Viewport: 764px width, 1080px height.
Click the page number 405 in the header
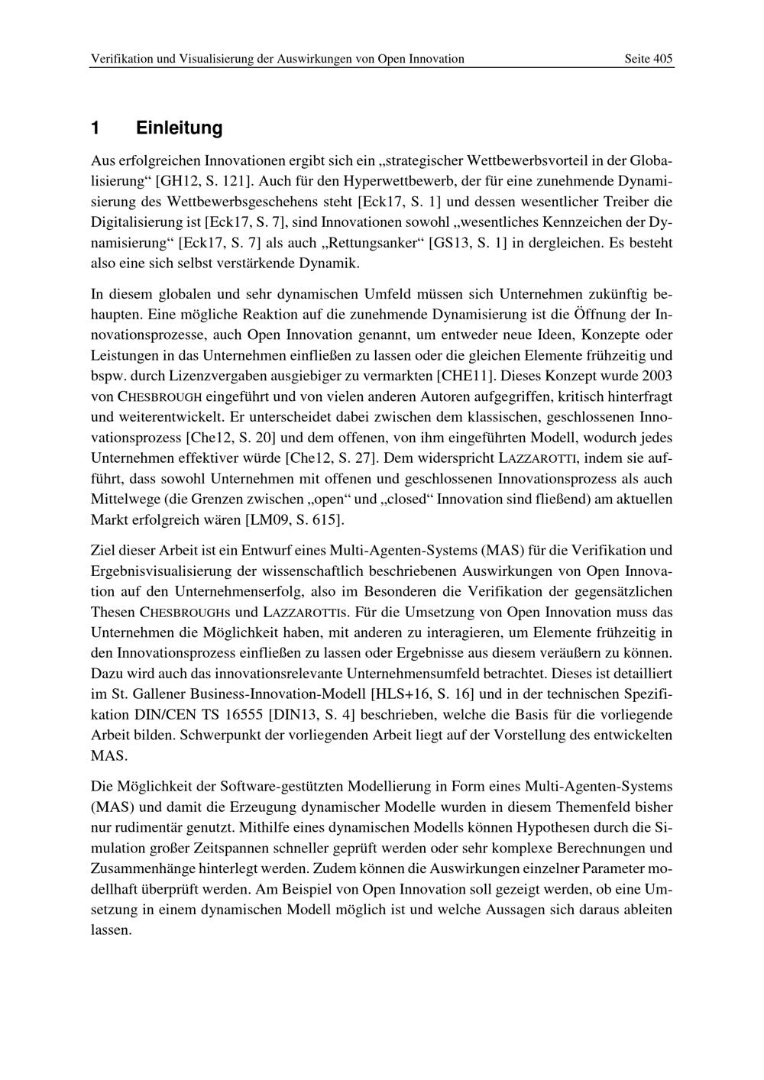click(662, 59)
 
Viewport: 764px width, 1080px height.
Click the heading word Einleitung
click(180, 128)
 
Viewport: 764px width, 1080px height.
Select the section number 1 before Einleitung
click(95, 128)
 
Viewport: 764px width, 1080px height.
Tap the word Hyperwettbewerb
click(394, 182)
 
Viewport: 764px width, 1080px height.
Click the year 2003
click(657, 376)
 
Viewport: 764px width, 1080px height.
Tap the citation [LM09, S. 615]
click(294, 520)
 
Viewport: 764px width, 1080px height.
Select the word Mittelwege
click(125, 500)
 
